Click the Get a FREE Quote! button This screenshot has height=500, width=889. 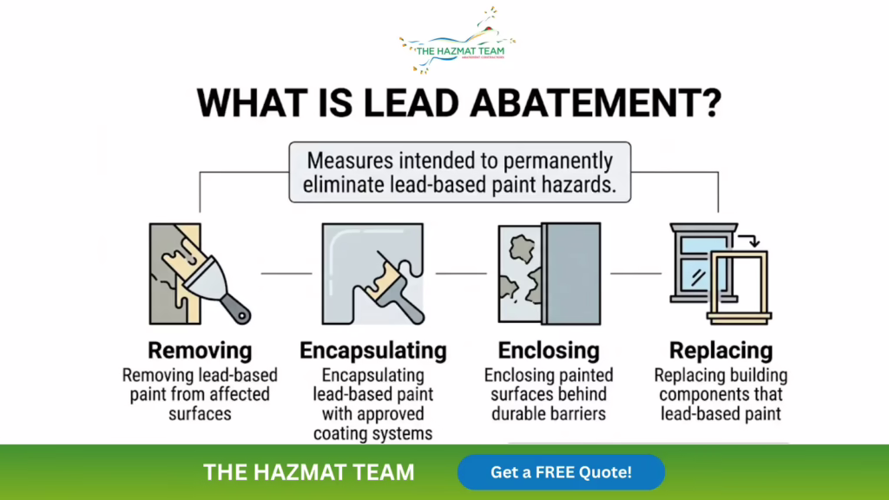point(561,472)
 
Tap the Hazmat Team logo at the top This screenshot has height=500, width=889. point(457,41)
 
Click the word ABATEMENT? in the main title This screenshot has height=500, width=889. point(596,103)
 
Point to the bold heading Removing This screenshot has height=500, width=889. point(200,351)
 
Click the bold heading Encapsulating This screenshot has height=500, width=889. point(373,351)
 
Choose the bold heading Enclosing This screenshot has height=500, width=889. point(549,351)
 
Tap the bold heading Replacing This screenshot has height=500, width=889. point(721,351)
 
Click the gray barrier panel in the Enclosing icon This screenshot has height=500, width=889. point(571,273)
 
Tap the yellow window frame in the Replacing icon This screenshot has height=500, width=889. point(740,286)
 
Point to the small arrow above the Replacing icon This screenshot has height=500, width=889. point(749,240)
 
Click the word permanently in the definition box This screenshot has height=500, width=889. point(558,161)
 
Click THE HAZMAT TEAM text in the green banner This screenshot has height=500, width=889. point(309,472)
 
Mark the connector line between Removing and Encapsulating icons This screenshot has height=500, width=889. point(286,273)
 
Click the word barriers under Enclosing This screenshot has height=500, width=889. point(577,414)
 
